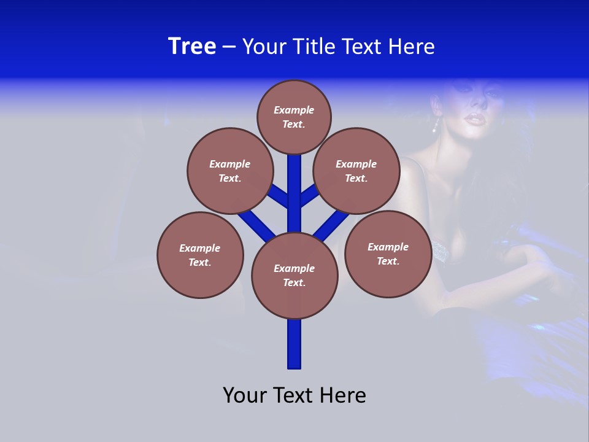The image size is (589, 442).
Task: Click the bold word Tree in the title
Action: click(192, 47)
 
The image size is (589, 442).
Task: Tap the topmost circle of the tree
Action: click(294, 117)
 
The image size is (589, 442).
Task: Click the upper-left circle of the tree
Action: click(229, 171)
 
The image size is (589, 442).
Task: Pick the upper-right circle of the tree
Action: click(356, 171)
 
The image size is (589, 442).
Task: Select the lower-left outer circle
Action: click(200, 255)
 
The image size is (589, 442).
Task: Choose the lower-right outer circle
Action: click(388, 254)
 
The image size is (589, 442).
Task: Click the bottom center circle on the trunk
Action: click(294, 275)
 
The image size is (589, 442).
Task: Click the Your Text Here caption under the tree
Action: click(294, 395)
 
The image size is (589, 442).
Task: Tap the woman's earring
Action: click(436, 126)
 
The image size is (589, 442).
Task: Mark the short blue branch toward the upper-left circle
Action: click(279, 196)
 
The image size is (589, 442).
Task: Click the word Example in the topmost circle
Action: click(294, 110)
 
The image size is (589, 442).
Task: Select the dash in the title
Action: click(229, 47)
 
